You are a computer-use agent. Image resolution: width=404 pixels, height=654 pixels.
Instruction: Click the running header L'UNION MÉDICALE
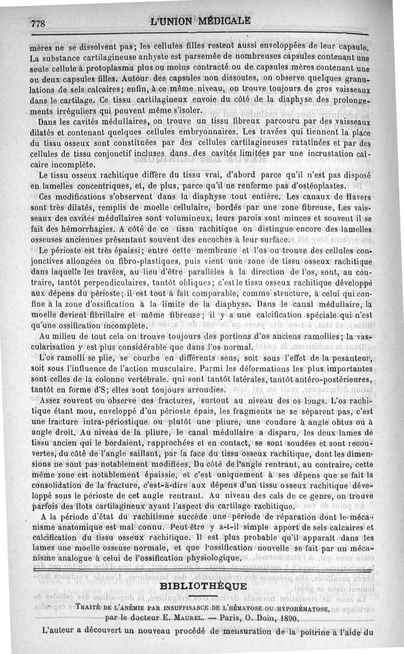coord(200,21)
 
